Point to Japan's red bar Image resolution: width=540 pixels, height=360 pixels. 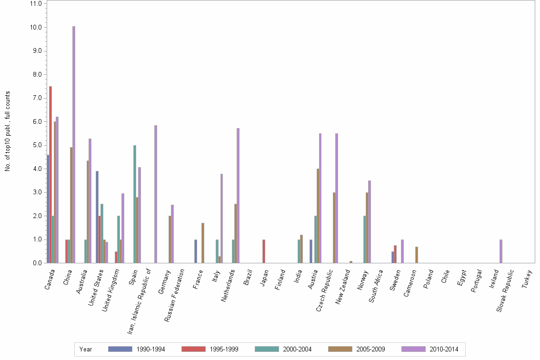click(x=264, y=251)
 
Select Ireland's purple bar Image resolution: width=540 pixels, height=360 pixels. click(x=501, y=251)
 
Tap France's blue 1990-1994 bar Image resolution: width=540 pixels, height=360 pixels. click(x=196, y=251)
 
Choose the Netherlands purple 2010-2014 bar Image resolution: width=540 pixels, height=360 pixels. click(x=238, y=195)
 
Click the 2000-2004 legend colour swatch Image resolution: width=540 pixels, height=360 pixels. click(x=267, y=349)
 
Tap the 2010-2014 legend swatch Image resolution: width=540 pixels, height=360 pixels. click(x=413, y=349)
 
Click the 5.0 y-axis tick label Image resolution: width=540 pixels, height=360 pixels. click(x=36, y=145)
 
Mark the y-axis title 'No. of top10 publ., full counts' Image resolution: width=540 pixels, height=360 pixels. click(x=8, y=131)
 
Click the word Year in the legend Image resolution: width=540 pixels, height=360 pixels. click(x=86, y=350)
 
